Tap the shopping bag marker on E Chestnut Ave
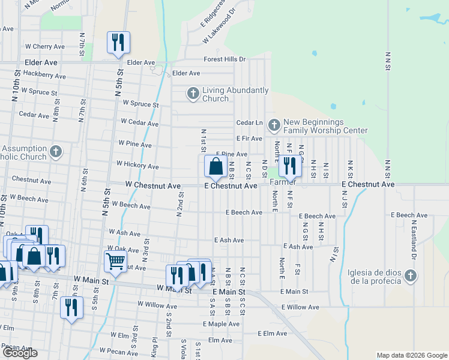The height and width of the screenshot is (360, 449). click(216, 166)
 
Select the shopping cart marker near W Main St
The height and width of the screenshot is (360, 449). click(115, 261)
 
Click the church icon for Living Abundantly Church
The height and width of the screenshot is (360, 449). click(193, 93)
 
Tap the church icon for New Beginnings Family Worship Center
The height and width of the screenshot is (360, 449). click(274, 125)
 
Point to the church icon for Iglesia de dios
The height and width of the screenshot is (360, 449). click(410, 275)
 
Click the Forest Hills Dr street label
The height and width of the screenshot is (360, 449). click(225, 59)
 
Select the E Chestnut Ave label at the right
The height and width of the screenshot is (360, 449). click(368, 184)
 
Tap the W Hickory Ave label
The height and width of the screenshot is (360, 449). click(137, 164)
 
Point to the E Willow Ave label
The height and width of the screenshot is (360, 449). click(300, 307)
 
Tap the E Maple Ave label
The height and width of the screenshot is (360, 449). click(221, 324)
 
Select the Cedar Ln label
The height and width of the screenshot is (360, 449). click(250, 123)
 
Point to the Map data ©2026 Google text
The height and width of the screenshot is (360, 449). click(412, 355)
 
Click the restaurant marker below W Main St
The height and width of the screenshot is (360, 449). click(71, 307)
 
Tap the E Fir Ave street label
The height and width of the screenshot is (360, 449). click(249, 139)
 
